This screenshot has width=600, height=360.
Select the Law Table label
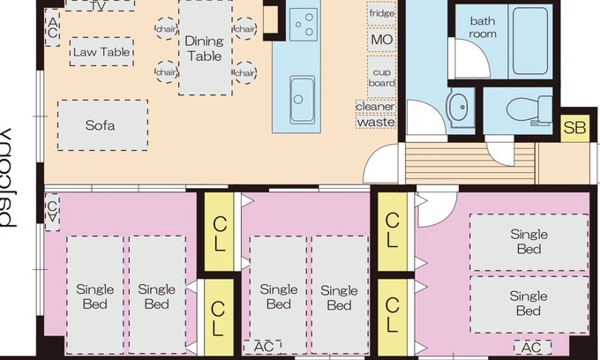click(x=101, y=52)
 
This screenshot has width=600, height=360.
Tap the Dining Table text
click(x=204, y=48)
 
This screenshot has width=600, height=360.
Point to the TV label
click(x=100, y=5)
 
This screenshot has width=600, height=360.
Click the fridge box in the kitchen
click(x=381, y=14)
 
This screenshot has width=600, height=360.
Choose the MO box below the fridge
click(x=381, y=40)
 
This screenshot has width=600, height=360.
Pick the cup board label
click(x=381, y=76)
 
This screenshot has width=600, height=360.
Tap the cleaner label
click(x=375, y=107)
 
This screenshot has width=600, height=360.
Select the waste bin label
click(x=375, y=123)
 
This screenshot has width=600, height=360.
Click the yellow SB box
click(x=574, y=127)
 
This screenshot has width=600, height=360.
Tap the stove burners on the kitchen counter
click(x=303, y=23)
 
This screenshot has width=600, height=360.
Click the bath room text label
click(x=483, y=27)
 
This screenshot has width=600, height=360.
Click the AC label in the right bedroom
click(x=532, y=348)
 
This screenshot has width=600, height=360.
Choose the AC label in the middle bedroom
click(x=263, y=347)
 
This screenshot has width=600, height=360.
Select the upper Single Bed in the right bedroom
click(x=528, y=242)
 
